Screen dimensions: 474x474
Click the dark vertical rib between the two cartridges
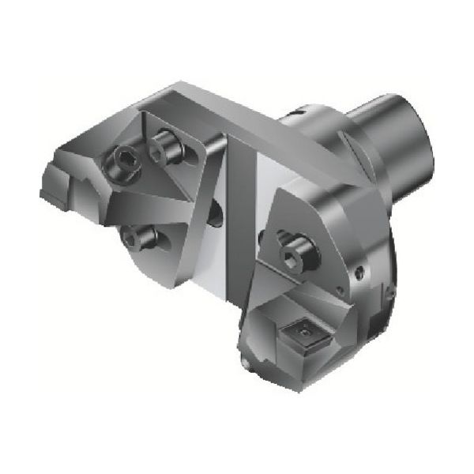tap(237, 205)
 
